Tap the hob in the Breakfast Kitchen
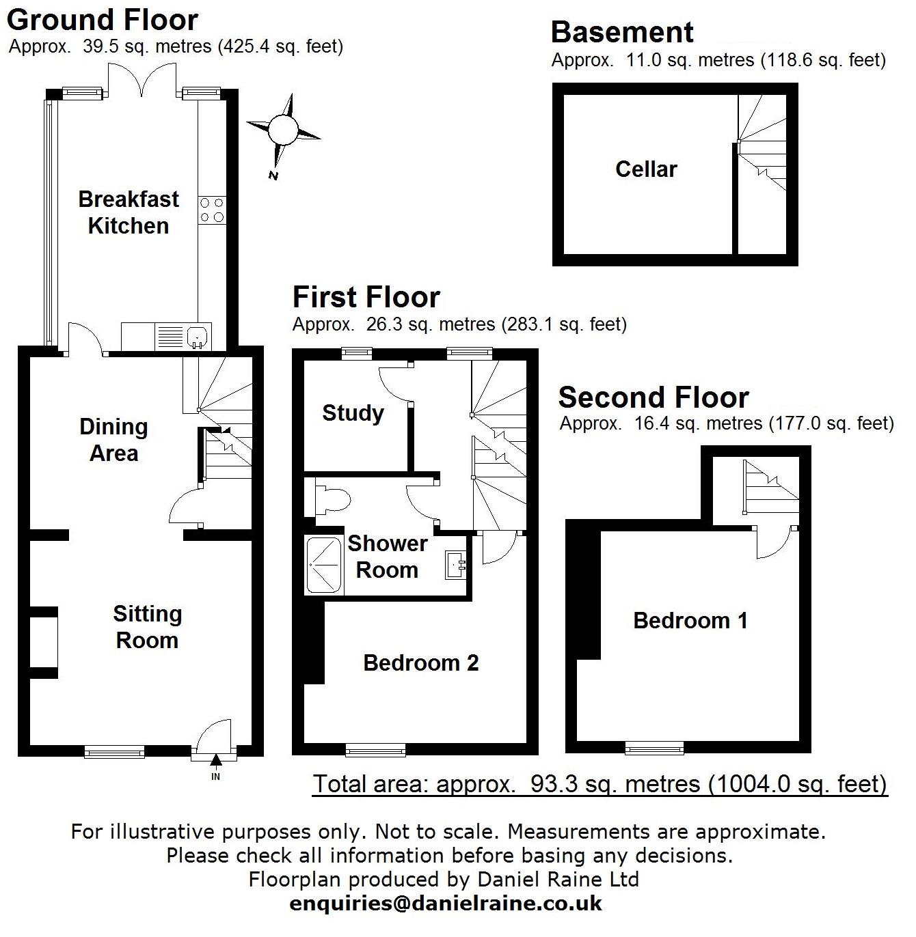pos(212,210)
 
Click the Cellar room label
pos(646,169)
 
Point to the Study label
pos(353,412)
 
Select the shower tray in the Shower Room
pos(323,565)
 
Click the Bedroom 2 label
pos(420,662)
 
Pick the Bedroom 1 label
pos(690,620)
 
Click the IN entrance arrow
pos(216,761)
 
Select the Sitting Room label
pos(147,627)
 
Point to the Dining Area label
pos(113,440)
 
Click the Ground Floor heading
pos(103,20)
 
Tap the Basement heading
pos(622,32)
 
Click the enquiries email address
pos(446,904)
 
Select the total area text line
pos(600,783)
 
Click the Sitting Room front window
pos(114,751)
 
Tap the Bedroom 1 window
pos(654,748)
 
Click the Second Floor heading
pos(654,397)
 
